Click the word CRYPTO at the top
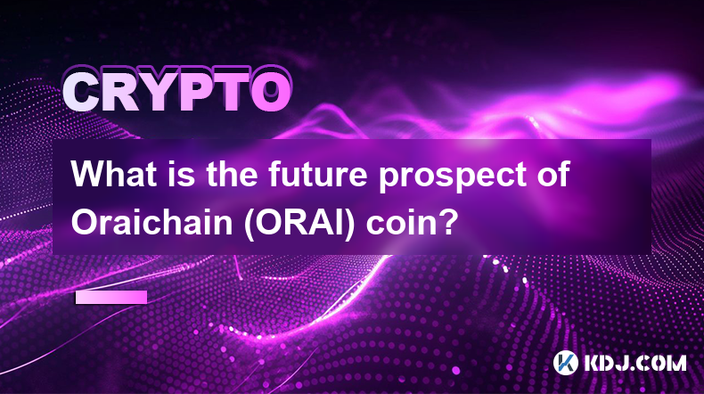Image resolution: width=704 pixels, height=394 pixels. coord(177,91)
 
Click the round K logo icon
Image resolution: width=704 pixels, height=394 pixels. coord(565,363)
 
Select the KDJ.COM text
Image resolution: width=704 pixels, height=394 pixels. coord(634,363)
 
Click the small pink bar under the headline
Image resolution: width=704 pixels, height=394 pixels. coord(111,297)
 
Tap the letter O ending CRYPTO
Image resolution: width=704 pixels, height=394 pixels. coord(271,92)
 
